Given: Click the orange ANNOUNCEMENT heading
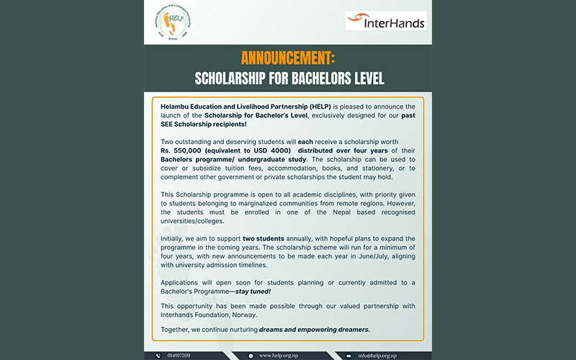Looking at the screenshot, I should pos(287,58).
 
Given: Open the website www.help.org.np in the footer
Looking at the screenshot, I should pos(279,356).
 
